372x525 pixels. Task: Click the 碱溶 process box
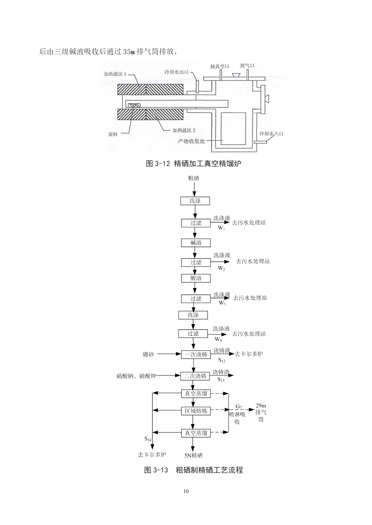click(196, 243)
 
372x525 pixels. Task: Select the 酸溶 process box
click(196, 278)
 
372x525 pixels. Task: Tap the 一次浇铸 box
click(196, 354)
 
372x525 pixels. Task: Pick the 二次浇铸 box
click(195, 376)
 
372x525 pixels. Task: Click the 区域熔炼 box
click(196, 411)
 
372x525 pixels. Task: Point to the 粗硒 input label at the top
click(193, 178)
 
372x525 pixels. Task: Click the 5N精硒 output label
click(193, 456)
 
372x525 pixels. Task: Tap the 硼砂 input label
click(148, 354)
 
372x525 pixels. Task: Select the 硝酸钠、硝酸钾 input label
click(136, 376)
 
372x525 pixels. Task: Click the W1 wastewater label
click(221, 228)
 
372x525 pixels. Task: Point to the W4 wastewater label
click(218, 340)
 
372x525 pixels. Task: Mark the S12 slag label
click(222, 360)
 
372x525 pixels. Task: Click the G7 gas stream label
click(239, 406)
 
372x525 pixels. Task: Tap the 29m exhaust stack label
click(261, 406)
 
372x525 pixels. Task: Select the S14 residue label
click(148, 439)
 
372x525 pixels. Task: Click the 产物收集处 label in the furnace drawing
click(191, 141)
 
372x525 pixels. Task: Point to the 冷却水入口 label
click(271, 134)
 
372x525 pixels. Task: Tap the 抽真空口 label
click(220, 66)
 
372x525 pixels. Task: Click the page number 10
click(186, 491)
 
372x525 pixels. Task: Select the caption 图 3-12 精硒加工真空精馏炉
click(193, 163)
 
